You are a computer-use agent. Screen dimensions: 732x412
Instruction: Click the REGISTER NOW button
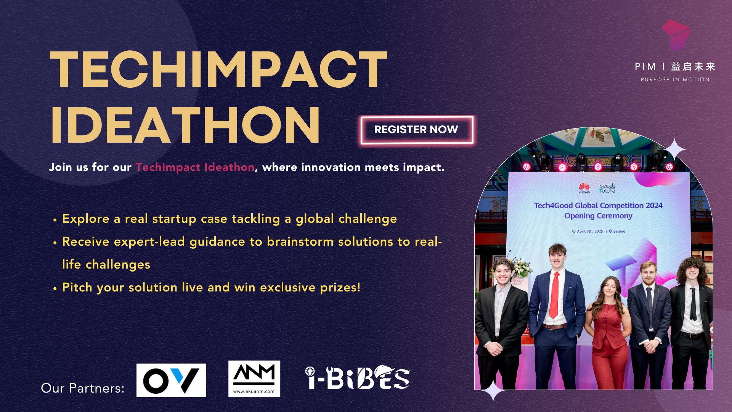pos(417,130)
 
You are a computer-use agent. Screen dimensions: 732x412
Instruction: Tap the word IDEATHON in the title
pos(185,125)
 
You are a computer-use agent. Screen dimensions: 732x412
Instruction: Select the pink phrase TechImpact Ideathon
pos(195,167)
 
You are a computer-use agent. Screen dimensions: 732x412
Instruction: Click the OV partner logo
pos(171,380)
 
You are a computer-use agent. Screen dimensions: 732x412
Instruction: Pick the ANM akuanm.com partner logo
pos(254,378)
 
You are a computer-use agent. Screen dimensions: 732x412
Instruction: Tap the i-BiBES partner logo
pos(357,377)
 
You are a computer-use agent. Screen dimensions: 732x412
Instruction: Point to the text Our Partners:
pos(83,388)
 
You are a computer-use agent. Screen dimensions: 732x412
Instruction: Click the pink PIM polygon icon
pos(676,34)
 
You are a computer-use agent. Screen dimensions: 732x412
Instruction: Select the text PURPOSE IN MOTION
pos(675,80)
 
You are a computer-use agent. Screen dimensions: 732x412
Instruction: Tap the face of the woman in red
pos(610,289)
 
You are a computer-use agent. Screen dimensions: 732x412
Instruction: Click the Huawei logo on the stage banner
pos(584,188)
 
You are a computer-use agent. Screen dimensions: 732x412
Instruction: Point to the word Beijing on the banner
pos(619,231)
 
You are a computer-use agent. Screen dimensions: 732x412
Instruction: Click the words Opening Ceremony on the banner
pos(598,216)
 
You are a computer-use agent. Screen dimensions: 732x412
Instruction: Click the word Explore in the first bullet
pos(86,219)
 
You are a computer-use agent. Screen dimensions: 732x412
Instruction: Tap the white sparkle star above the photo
pos(674,150)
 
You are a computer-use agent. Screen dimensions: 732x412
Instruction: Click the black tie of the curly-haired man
pos(693,304)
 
